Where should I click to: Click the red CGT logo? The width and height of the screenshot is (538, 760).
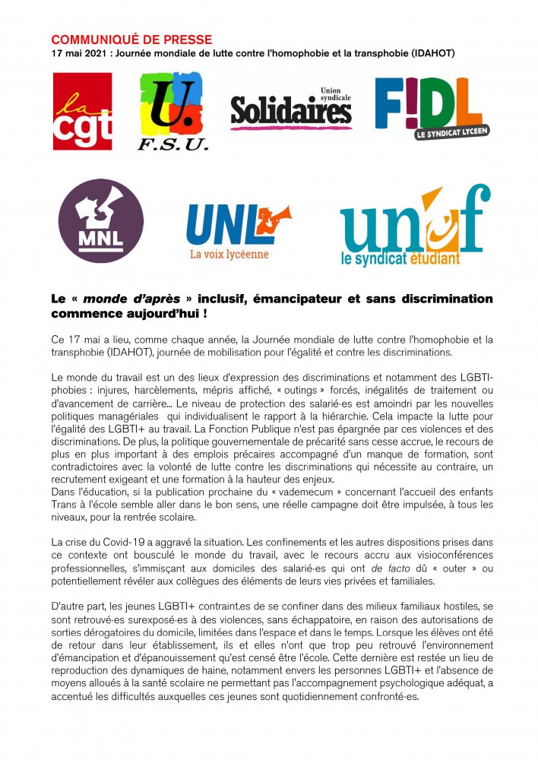pos(82,112)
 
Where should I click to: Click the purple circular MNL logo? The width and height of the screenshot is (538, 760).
pos(101,221)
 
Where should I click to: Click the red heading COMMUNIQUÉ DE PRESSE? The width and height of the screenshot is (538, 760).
pos(131,40)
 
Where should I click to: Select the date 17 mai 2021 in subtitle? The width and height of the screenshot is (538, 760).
pos(81,53)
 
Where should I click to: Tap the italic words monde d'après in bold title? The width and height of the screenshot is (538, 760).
pos(126,299)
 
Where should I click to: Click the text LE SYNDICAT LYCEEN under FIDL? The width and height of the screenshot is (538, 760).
pos(453,132)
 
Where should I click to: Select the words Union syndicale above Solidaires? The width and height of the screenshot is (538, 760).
pos(337,92)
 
